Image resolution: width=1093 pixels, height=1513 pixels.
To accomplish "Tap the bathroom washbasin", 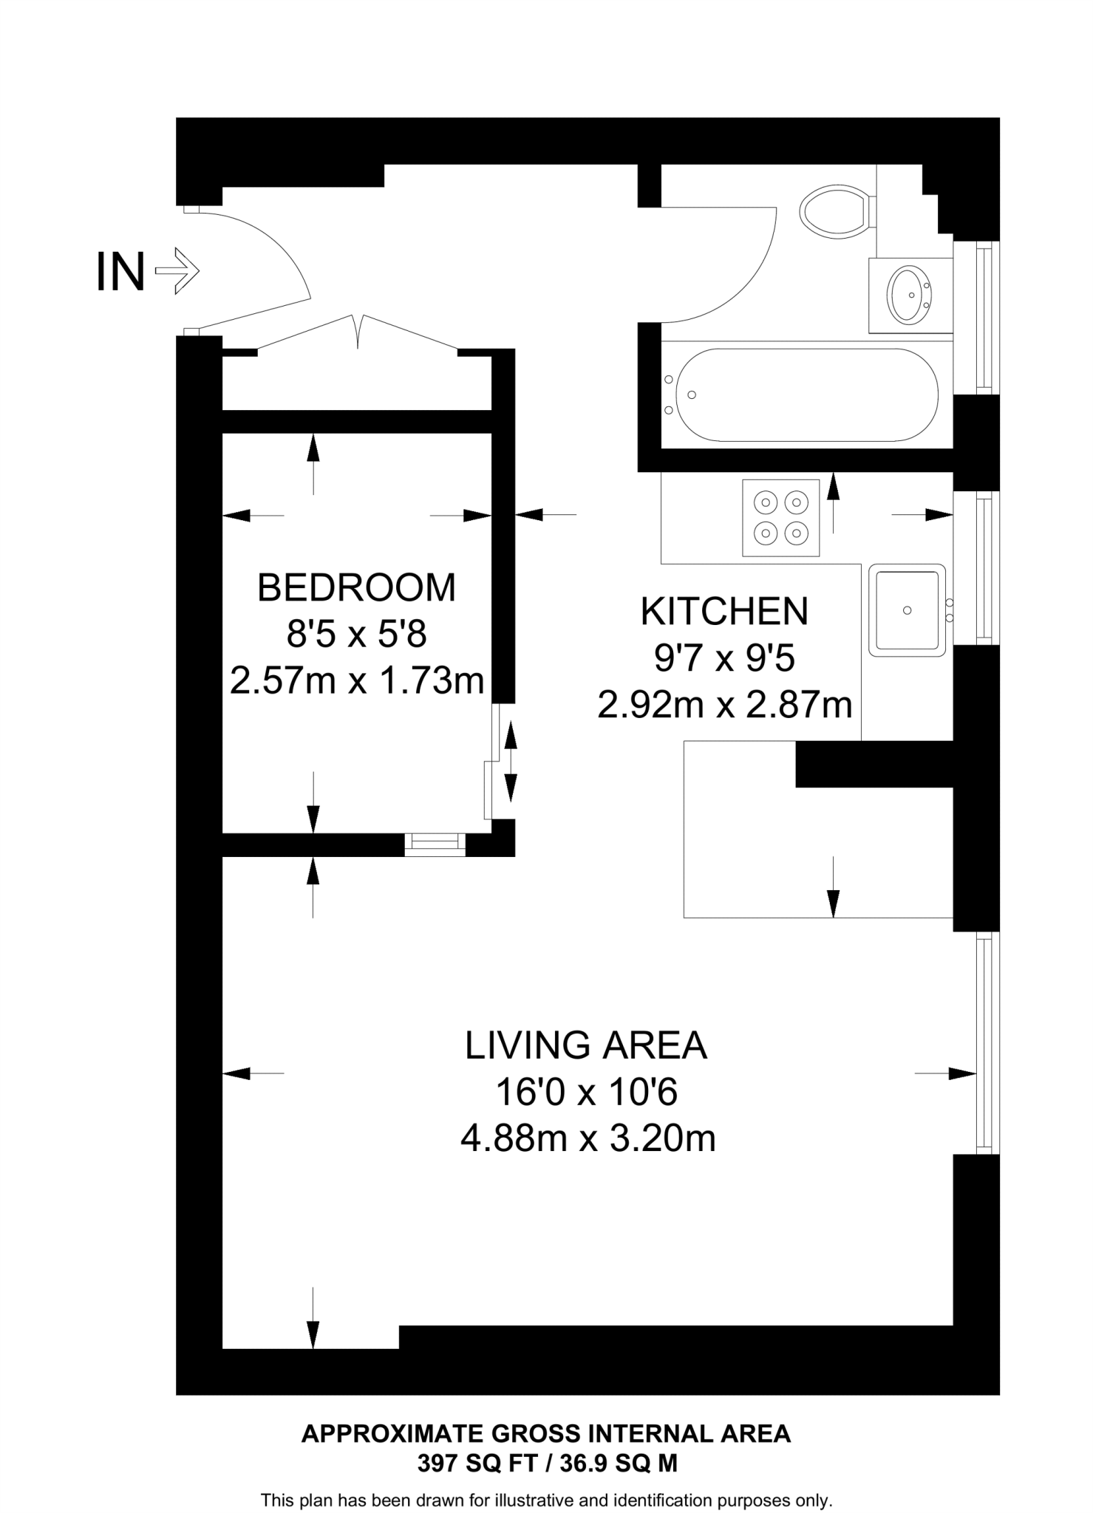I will click(910, 296).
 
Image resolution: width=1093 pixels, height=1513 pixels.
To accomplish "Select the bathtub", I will click(806, 395).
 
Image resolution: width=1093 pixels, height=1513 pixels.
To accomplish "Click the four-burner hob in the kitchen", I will click(781, 517).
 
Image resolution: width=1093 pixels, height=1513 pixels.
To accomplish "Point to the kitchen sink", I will click(907, 610).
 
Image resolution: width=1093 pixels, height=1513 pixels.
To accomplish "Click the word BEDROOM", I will click(356, 587).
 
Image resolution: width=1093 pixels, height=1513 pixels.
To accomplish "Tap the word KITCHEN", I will click(724, 611).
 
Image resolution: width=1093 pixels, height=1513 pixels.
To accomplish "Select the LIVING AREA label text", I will click(586, 1045).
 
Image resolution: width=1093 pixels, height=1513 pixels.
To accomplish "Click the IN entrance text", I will click(120, 273).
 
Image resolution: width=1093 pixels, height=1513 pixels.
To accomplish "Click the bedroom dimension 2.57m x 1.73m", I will click(356, 680).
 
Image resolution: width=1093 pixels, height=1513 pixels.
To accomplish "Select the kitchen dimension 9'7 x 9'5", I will click(724, 658).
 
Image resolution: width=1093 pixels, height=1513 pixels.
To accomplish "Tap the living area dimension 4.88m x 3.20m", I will click(588, 1138).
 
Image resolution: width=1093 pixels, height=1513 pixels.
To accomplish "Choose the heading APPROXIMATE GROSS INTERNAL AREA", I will click(546, 1434).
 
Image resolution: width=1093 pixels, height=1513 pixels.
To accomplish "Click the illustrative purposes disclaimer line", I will click(546, 1500).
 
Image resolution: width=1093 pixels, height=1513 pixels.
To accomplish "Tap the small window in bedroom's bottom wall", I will click(435, 844).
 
